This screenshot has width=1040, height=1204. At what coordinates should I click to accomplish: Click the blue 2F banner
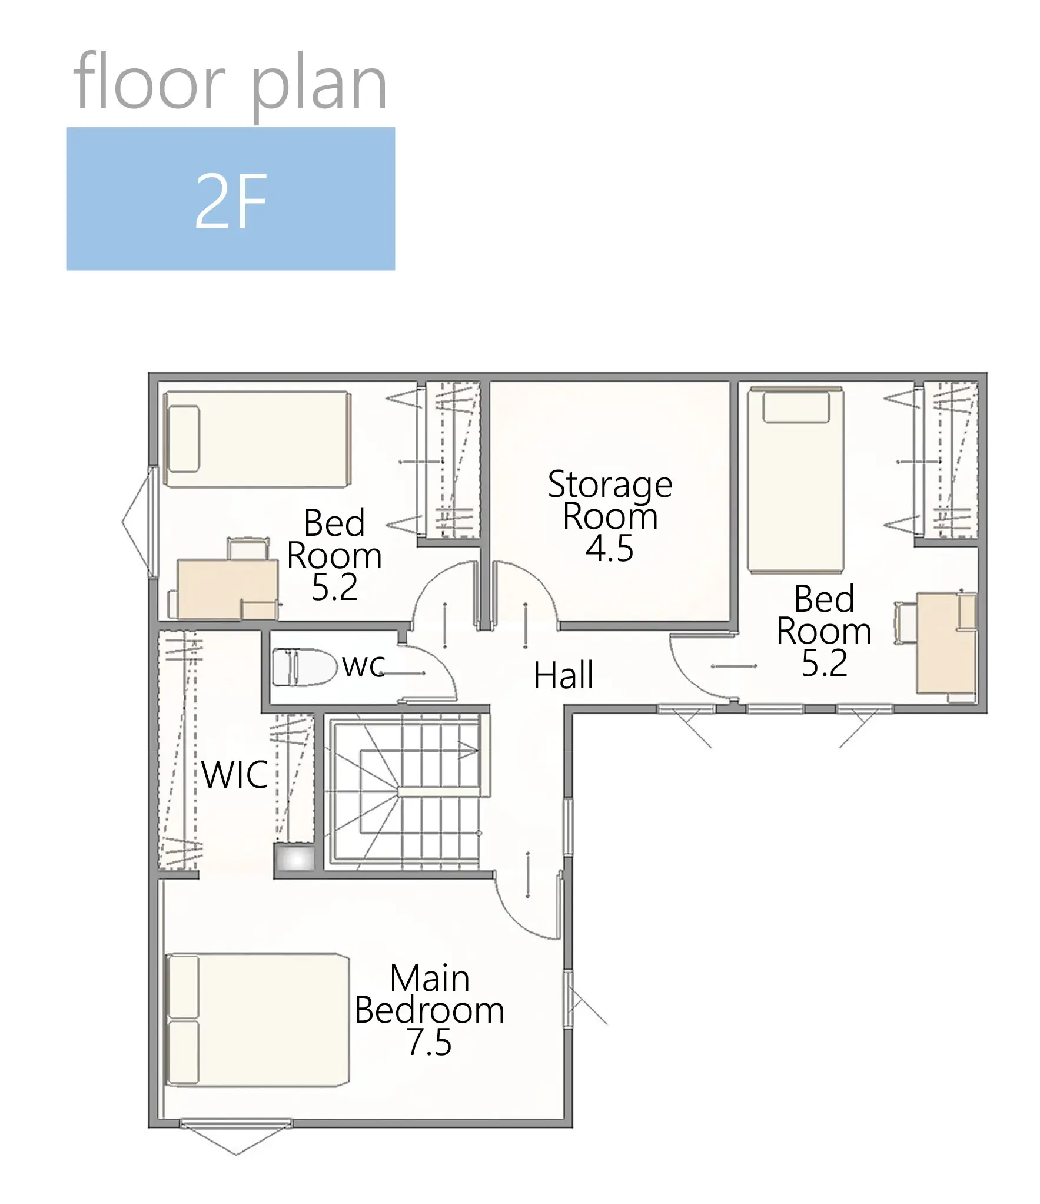(230, 198)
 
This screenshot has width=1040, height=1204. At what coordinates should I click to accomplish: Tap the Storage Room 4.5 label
(610, 515)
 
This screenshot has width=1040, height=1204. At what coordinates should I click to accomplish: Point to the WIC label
(235, 774)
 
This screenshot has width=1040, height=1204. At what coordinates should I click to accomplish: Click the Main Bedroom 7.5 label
(430, 1010)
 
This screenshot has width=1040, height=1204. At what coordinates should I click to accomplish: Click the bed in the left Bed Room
(257, 439)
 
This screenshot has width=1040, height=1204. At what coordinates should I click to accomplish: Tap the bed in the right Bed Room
(796, 480)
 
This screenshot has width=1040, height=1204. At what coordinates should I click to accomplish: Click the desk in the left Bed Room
(227, 589)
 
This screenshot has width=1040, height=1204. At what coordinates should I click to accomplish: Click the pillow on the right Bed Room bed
(796, 407)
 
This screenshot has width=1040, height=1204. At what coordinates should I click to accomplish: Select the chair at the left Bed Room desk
(249, 548)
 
